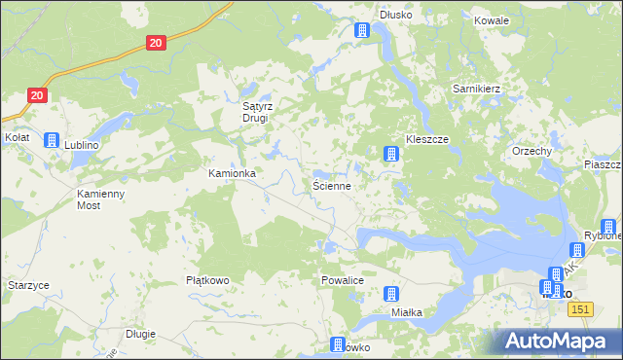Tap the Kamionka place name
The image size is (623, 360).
point(232,173)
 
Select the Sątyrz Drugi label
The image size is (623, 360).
point(260,113)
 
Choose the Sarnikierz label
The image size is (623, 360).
point(476,89)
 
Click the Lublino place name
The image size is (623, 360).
point(83,144)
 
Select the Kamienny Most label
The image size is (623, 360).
point(102,199)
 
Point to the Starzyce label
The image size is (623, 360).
point(28,284)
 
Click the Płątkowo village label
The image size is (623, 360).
point(207,280)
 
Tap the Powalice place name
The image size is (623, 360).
point(342,279)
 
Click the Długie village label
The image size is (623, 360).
point(140,334)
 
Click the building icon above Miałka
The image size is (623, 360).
point(391,294)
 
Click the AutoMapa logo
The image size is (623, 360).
point(562,341)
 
